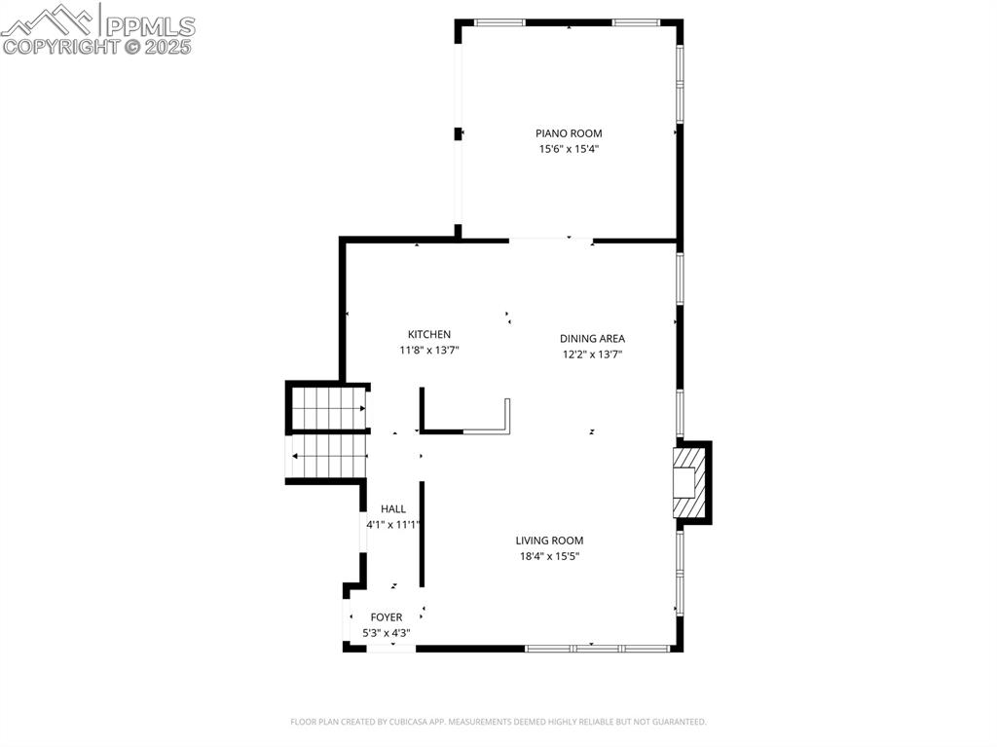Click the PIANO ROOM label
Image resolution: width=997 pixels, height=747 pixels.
tap(569, 133)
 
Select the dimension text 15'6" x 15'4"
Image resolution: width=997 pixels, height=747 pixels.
tap(569, 149)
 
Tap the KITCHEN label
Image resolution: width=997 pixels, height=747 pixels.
tap(428, 334)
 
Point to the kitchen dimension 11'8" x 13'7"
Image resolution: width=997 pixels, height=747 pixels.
tap(428, 350)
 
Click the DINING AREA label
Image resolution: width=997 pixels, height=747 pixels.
tap(592, 339)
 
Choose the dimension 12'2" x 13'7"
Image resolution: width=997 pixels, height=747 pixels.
tap(592, 355)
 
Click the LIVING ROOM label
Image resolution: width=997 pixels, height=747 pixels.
tap(549, 541)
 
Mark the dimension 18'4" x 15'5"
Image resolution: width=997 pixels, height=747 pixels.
tap(549, 556)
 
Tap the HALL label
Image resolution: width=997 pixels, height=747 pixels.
tap(393, 508)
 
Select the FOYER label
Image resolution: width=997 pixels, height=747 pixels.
tap(387, 617)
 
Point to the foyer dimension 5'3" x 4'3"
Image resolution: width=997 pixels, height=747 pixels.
tap(387, 633)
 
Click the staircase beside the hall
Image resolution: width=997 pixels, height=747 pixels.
tap(329, 432)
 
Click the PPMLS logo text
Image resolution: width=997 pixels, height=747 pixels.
tap(149, 24)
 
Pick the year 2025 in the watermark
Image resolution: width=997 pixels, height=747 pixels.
tap(168, 46)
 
